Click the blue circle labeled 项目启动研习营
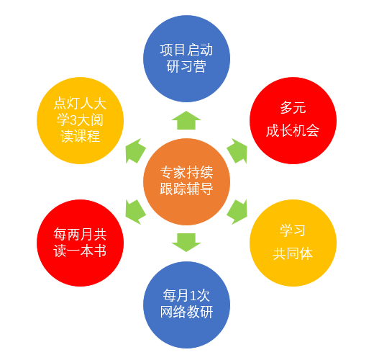186,58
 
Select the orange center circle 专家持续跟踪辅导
186,181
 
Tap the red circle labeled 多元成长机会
293,120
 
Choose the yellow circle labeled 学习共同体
293,243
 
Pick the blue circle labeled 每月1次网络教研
186,305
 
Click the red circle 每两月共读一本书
80,243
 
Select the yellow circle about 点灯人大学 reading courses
80,120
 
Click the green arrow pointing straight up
186,120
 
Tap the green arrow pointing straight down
186,243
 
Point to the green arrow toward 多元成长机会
237,150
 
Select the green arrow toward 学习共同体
237,212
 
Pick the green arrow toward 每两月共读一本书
135,212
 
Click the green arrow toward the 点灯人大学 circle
135,150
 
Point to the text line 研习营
186,67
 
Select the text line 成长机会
293,131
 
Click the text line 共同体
293,253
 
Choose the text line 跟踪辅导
186,189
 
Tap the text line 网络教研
186,312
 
